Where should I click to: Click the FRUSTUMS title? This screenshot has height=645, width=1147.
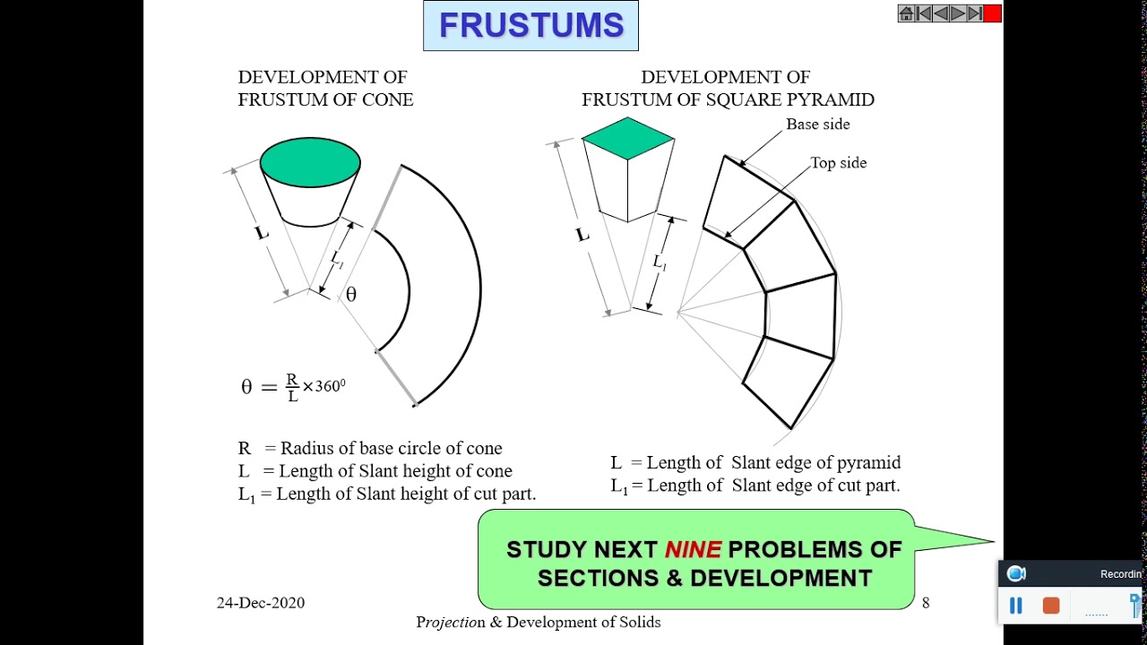coord(530,26)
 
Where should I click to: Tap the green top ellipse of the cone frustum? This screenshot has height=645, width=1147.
coord(310,162)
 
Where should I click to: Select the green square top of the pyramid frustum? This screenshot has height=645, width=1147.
coord(627,138)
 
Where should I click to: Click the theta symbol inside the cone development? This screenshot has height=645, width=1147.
coord(351,295)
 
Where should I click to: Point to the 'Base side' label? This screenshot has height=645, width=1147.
coord(817,125)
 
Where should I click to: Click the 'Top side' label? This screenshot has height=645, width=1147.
coord(838,163)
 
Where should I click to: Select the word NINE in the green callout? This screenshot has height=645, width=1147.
coord(693,549)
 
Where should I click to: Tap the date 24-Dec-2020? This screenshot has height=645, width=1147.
coord(260,603)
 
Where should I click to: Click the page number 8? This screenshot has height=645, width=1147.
coord(926,603)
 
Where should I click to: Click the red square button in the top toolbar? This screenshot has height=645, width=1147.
coord(992,13)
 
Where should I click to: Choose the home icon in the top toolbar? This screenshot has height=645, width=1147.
coord(906,13)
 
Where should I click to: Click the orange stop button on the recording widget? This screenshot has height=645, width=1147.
coord(1051,606)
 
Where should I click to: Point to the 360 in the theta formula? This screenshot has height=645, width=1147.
coord(329,386)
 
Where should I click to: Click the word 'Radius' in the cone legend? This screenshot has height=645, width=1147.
coord(306,448)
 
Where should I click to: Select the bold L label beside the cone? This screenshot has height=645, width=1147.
coord(261,233)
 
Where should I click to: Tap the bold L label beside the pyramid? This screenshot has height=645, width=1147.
coord(582,235)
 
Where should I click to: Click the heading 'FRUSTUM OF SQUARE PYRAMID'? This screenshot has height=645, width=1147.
coord(728,100)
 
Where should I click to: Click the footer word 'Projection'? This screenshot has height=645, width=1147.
coord(451,622)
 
